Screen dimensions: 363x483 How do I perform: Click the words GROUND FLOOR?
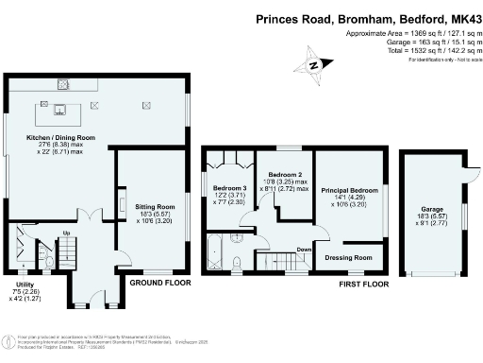click(159, 283)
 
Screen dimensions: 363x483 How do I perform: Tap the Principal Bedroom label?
click(350, 190)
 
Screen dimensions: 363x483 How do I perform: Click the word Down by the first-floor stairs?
click(304, 250)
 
